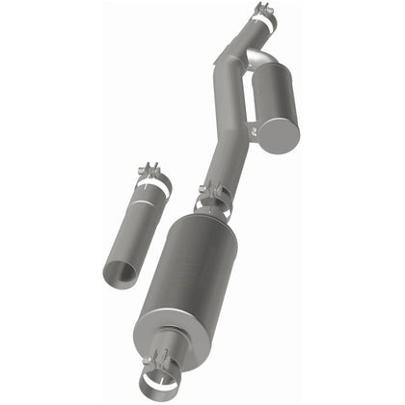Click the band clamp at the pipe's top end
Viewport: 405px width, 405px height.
tap(262, 21)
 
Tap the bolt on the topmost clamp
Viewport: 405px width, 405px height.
tap(261, 10)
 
